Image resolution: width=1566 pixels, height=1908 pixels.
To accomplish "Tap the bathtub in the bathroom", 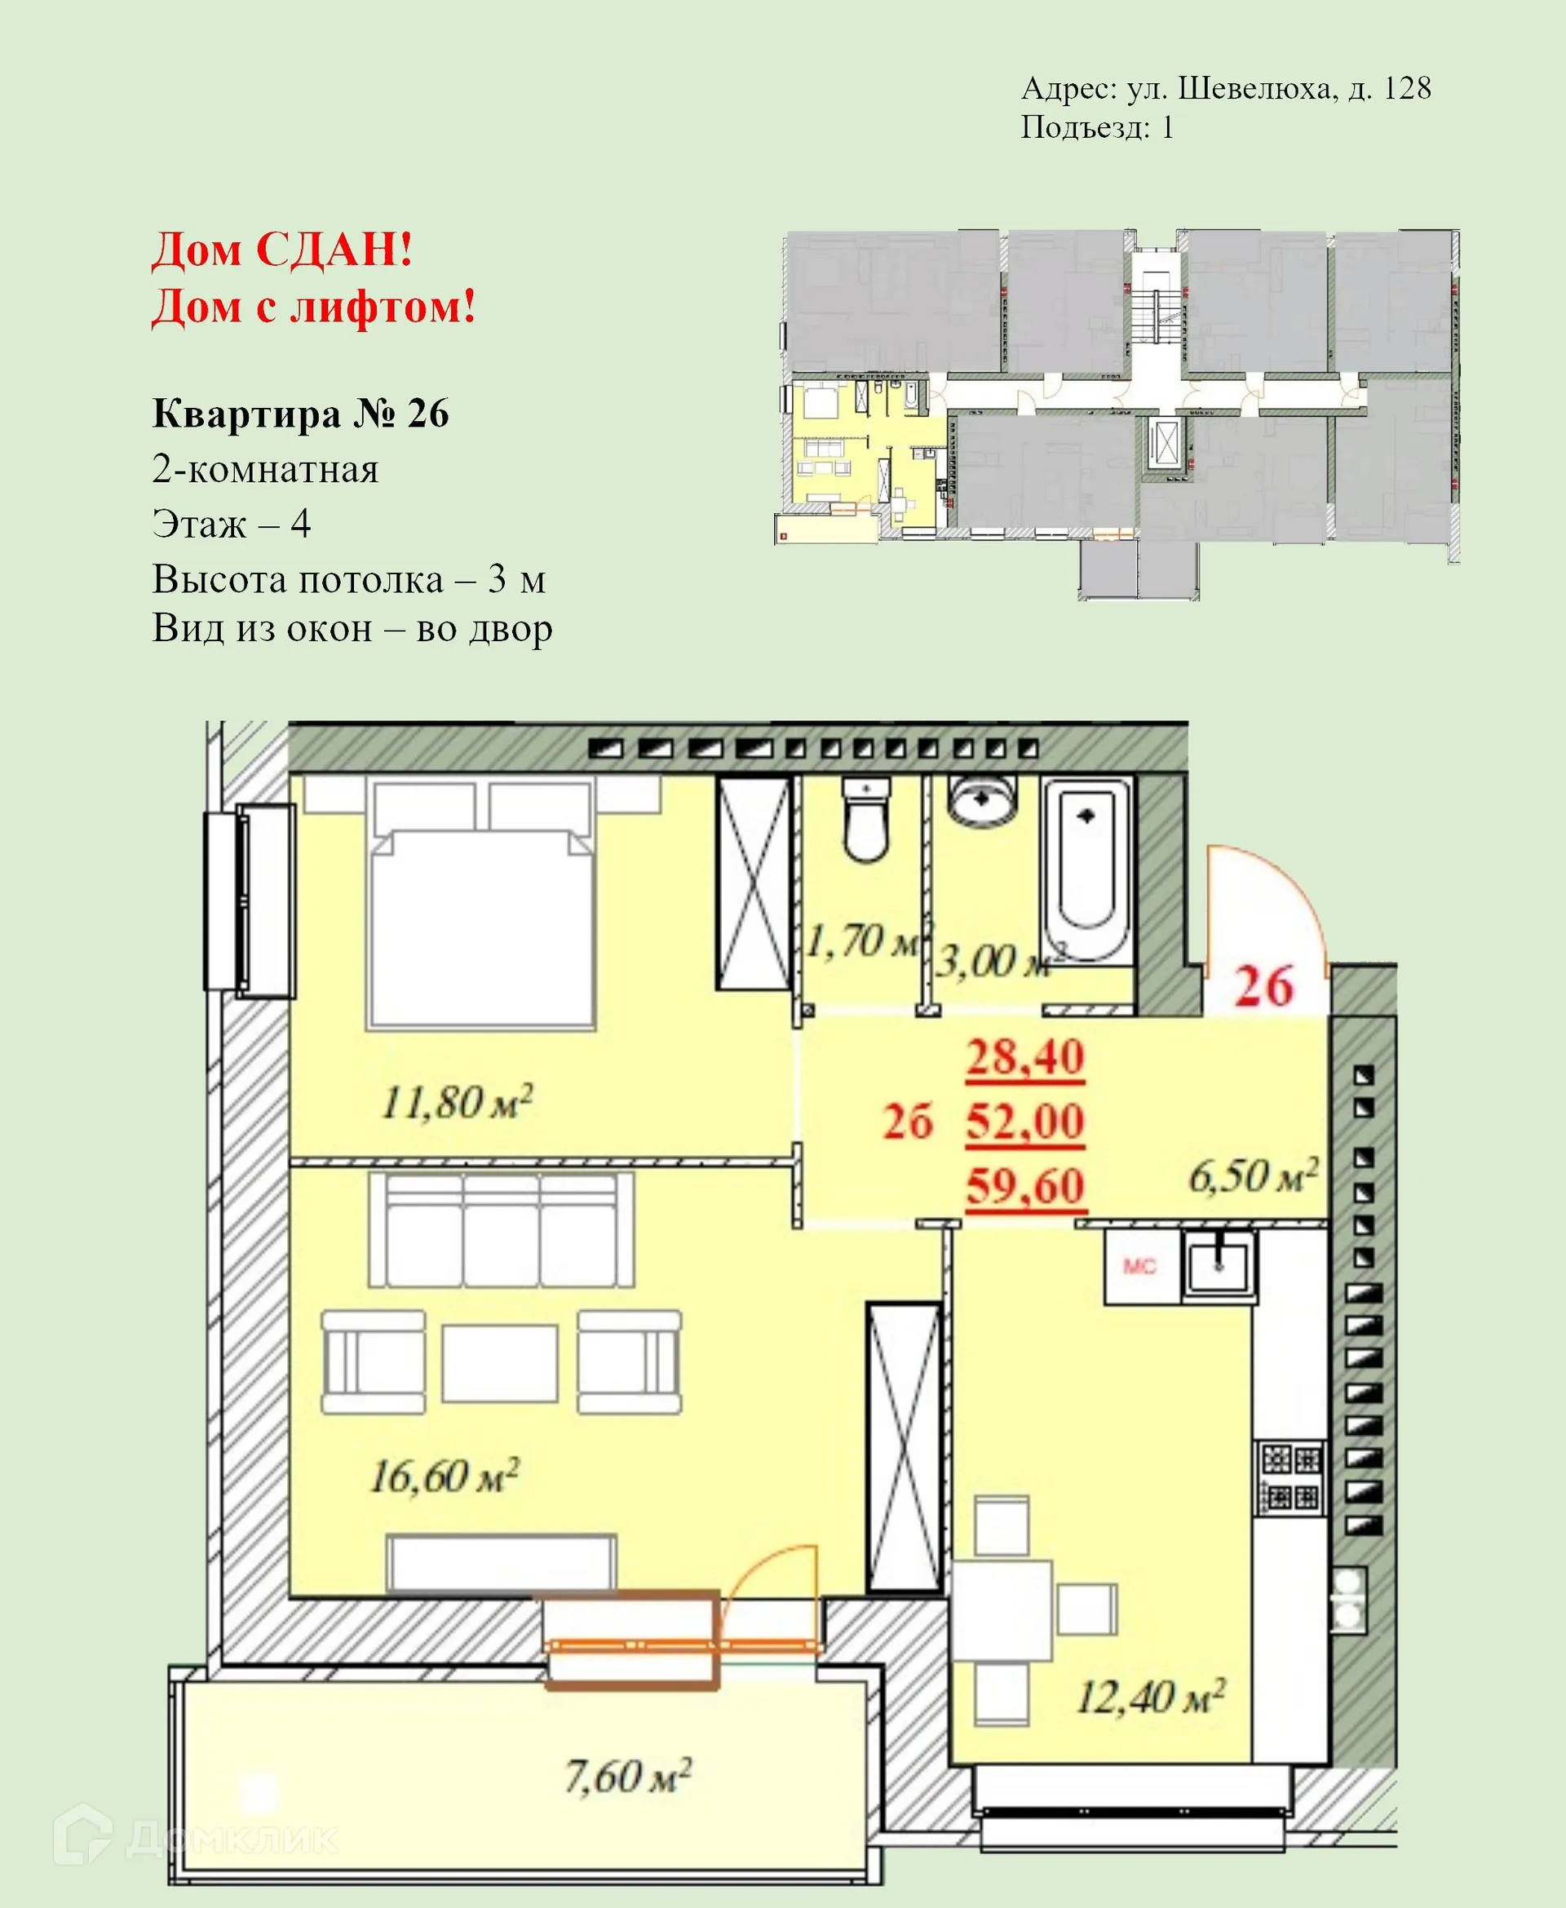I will pyautogui.click(x=1087, y=870).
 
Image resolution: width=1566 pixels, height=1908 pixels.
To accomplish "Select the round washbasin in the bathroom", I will pyautogui.click(x=981, y=799).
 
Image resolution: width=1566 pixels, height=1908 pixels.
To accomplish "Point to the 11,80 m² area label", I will pyautogui.click(x=457, y=1101).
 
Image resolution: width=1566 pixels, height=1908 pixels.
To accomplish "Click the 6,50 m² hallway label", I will pyautogui.click(x=1253, y=1175).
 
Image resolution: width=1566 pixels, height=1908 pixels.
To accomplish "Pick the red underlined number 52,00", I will pyautogui.click(x=1024, y=1122).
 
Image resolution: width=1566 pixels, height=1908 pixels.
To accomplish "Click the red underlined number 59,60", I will pyautogui.click(x=1024, y=1185).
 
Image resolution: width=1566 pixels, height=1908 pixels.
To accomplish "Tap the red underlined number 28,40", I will pyautogui.click(x=1024, y=1057).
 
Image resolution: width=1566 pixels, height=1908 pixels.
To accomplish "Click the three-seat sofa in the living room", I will pyautogui.click(x=502, y=1229).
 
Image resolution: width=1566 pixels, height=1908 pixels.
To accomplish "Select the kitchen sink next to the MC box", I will pyautogui.click(x=1218, y=1268).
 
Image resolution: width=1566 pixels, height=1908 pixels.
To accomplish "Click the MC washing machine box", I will pyautogui.click(x=1140, y=1267).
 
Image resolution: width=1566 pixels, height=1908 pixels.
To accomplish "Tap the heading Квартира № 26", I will pyautogui.click(x=300, y=414).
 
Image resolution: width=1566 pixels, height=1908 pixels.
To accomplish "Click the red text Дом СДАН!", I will pyautogui.click(x=282, y=249).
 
